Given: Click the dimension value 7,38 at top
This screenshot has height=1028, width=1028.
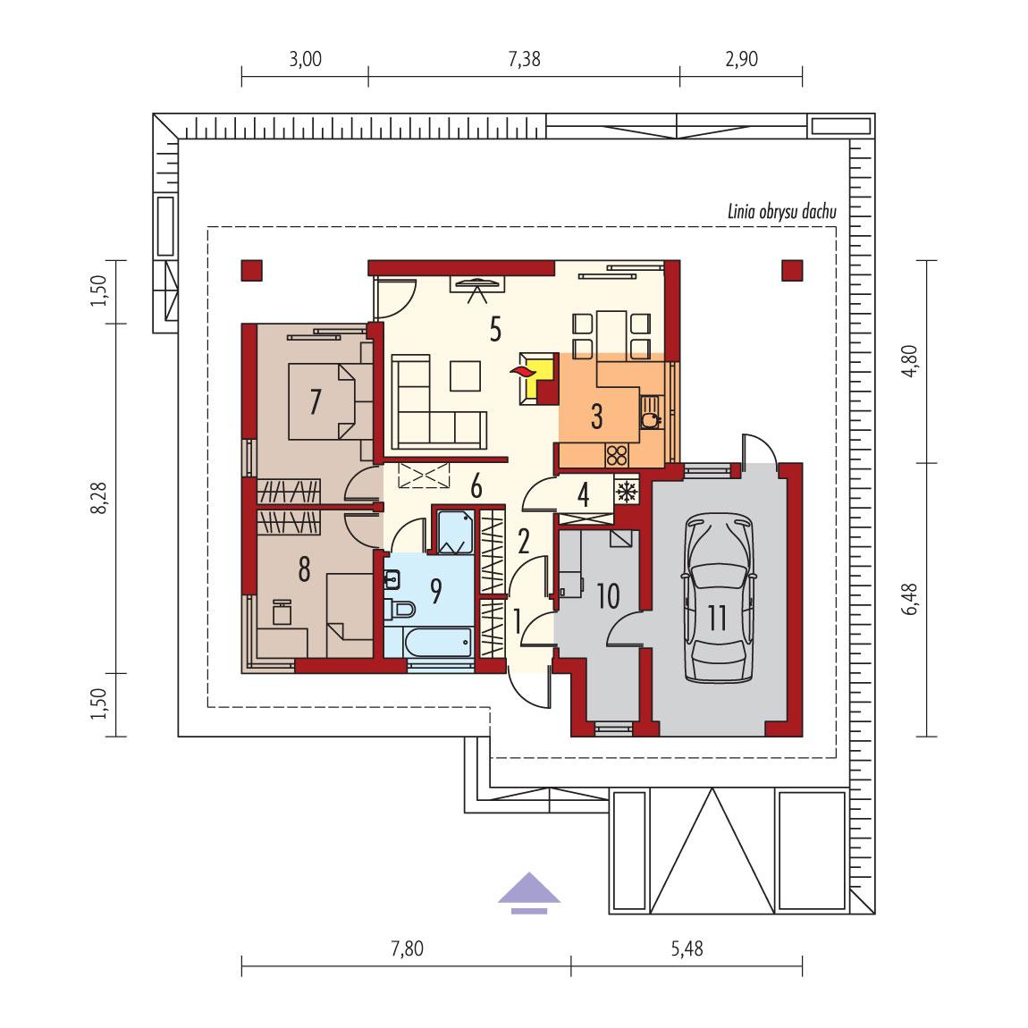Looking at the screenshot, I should (x=524, y=60).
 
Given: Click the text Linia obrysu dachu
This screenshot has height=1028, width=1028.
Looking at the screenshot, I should (x=774, y=212).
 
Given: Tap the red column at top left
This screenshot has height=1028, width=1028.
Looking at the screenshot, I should (x=252, y=271).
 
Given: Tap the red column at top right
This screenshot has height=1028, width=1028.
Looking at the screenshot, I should (x=792, y=270).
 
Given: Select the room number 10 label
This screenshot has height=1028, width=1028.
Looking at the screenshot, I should (x=607, y=596).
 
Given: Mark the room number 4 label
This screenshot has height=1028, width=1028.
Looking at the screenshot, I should (x=584, y=494).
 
